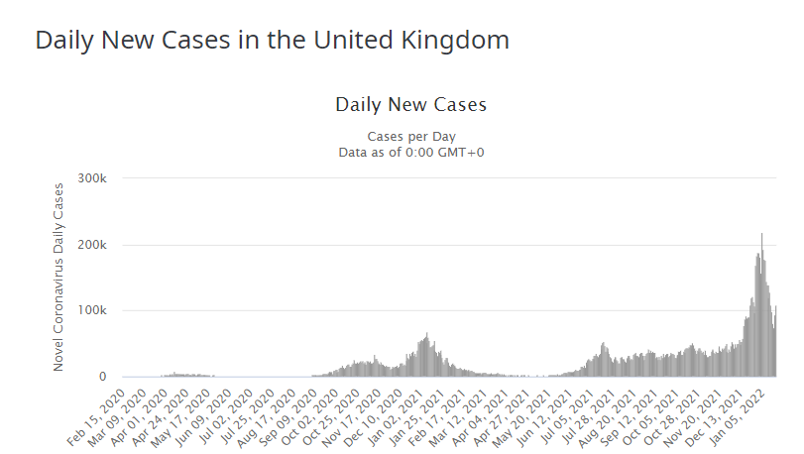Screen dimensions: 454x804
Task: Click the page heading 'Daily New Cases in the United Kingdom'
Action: [x=273, y=41]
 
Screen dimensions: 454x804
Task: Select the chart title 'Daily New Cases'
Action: [x=410, y=104]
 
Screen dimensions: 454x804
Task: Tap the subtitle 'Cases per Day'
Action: [x=410, y=136]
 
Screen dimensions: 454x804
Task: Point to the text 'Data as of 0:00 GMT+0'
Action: [x=410, y=152]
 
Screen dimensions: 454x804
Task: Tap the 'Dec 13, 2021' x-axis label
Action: [x=730, y=412]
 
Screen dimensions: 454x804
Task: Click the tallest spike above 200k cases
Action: [x=761, y=235]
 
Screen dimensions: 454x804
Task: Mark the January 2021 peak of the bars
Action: [x=426, y=335]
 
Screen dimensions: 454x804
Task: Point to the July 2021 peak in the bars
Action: [x=604, y=344]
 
